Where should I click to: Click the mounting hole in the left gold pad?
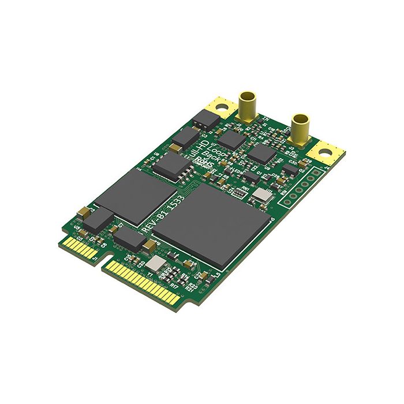(x=220, y=107)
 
